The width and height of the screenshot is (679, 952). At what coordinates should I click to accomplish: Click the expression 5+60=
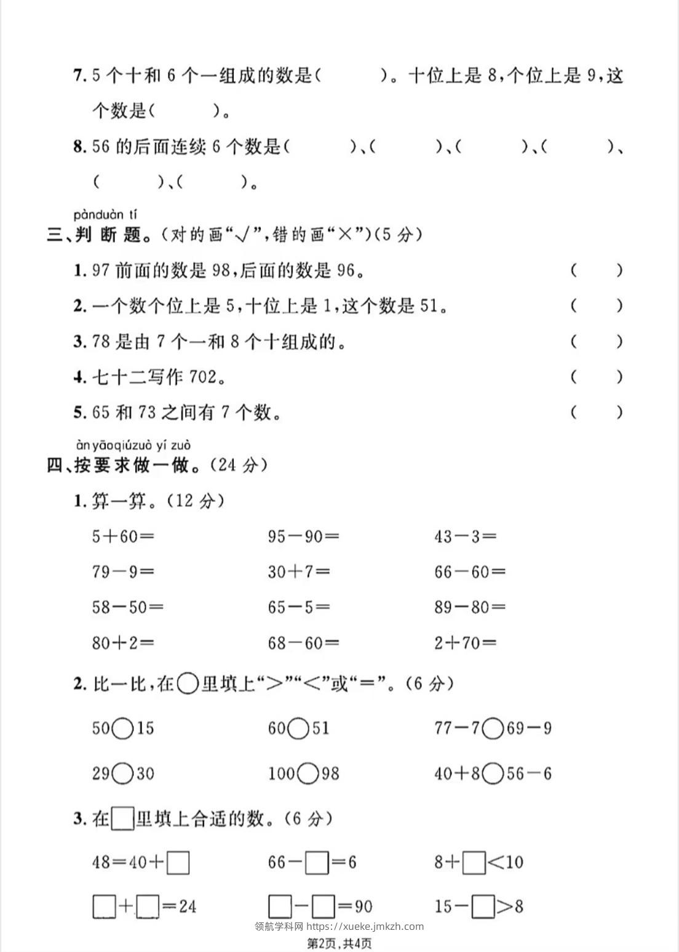(122, 536)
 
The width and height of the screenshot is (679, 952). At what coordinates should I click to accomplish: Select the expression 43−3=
(465, 536)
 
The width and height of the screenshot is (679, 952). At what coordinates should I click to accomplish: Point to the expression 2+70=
(465, 643)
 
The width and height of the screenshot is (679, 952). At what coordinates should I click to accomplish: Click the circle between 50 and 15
(123, 728)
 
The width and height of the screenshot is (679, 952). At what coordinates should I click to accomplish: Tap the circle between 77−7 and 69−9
(493, 728)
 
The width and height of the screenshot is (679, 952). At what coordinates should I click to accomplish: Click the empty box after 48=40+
(178, 862)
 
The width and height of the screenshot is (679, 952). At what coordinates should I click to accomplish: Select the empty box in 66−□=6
(317, 862)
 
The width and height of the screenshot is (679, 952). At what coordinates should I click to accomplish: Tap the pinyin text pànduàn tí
(105, 215)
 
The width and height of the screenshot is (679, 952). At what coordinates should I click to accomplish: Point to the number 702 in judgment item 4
(203, 377)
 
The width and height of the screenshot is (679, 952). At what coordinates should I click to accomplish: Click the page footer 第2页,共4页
(339, 943)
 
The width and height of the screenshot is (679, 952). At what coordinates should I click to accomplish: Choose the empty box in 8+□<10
(474, 862)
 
